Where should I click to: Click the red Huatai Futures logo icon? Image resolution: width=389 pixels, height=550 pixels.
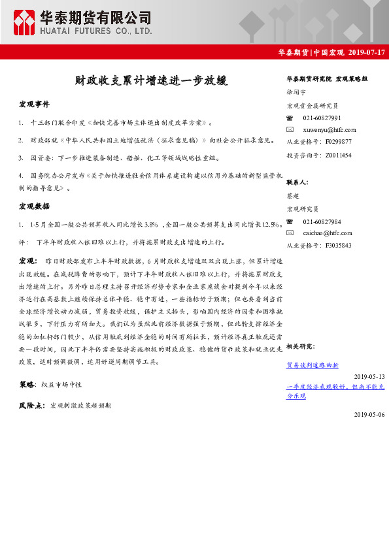26,22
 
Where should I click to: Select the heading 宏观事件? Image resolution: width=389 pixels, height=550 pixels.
34,105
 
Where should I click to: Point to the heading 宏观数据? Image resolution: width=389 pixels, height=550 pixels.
34,206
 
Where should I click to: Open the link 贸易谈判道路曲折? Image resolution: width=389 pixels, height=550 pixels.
313,364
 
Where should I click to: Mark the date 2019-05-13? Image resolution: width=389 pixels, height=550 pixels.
369,376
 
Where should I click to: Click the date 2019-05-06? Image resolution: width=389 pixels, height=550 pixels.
369,414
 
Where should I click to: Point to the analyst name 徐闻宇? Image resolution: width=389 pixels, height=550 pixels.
296,92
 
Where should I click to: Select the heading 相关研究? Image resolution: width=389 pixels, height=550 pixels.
300,346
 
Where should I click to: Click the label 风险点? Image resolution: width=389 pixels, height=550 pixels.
32,406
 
